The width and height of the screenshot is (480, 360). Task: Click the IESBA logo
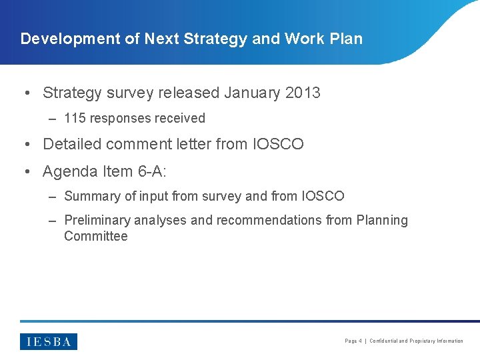[49, 341]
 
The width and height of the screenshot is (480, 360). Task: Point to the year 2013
[302, 93]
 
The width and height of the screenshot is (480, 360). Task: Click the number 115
[75, 119]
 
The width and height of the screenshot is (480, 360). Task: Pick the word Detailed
[71, 144]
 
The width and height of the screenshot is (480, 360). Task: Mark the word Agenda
[70, 172]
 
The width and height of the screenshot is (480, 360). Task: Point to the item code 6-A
[151, 171]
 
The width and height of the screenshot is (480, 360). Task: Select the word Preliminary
[97, 221]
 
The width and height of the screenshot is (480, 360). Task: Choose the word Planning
[382, 221]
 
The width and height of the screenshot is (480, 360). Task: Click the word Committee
[95, 236]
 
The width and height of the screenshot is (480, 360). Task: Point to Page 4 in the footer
[353, 341]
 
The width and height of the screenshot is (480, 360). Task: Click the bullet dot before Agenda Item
[25, 172]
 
